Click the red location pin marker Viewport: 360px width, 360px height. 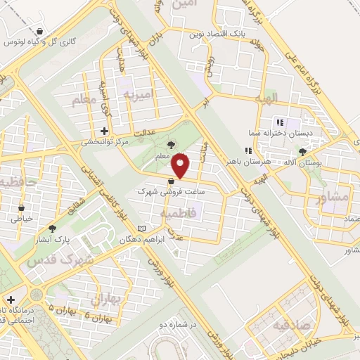(181, 166)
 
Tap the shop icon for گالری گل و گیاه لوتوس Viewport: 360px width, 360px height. (41, 32)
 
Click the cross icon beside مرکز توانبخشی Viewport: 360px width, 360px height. (104, 131)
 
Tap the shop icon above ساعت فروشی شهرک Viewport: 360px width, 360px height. (172, 181)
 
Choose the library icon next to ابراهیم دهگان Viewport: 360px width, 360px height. (143, 229)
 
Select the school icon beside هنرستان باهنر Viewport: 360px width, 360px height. (247, 150)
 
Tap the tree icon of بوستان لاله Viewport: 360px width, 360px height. (303, 152)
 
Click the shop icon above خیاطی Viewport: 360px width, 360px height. (21, 208)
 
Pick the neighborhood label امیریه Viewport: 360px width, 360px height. (138, 94)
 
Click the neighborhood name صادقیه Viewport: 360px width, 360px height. (272, 325)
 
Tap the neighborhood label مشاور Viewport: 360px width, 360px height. (333, 198)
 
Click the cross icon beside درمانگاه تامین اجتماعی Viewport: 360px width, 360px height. (10, 300)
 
